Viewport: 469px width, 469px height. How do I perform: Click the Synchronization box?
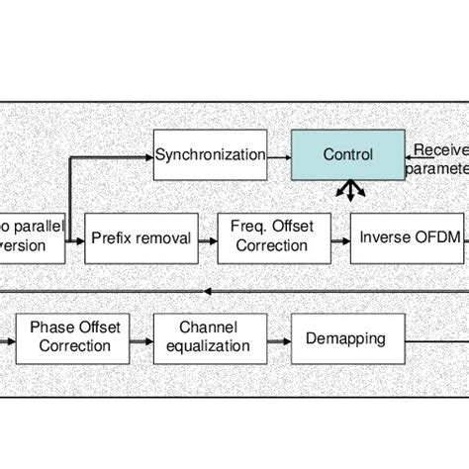click(x=210, y=155)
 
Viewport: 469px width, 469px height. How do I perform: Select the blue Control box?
click(x=347, y=155)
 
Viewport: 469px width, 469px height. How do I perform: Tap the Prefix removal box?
click(x=141, y=237)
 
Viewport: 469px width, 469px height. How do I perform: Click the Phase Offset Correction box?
click(x=70, y=336)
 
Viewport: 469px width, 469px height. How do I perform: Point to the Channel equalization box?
click(x=209, y=336)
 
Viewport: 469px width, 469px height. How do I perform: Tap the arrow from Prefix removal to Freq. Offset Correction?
click(x=207, y=237)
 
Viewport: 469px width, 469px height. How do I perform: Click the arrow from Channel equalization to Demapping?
click(x=278, y=336)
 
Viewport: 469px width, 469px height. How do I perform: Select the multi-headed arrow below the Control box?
click(x=347, y=190)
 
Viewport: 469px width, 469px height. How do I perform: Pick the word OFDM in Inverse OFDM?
click(x=422, y=237)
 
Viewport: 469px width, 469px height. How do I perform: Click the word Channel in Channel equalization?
click(x=209, y=328)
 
